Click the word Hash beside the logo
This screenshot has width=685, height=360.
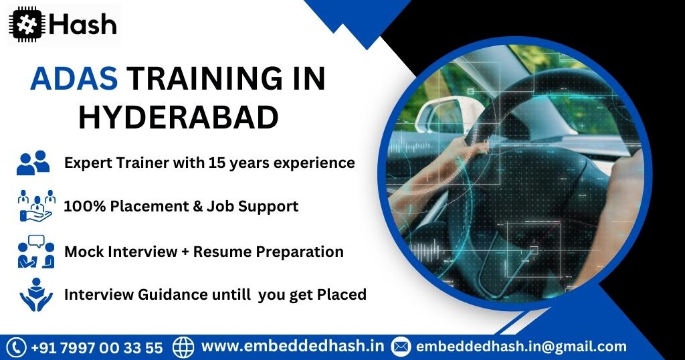pos(83,25)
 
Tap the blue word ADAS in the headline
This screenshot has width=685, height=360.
pos(74,79)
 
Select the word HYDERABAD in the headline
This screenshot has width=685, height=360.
pos(178,117)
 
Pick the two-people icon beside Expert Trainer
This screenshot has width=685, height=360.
pos(33,163)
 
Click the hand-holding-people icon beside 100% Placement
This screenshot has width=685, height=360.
pos(37,206)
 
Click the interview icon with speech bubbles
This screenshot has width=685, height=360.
pos(36,251)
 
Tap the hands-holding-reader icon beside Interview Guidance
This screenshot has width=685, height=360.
pos(36,294)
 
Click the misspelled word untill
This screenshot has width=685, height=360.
pos(231,294)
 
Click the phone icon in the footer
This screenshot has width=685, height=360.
pos(17,347)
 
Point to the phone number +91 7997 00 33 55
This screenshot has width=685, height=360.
pos(97,348)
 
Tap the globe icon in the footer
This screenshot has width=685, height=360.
pos(183,347)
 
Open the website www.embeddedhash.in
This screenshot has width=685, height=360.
pos(293,346)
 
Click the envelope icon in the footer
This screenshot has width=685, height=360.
pos(401,347)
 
